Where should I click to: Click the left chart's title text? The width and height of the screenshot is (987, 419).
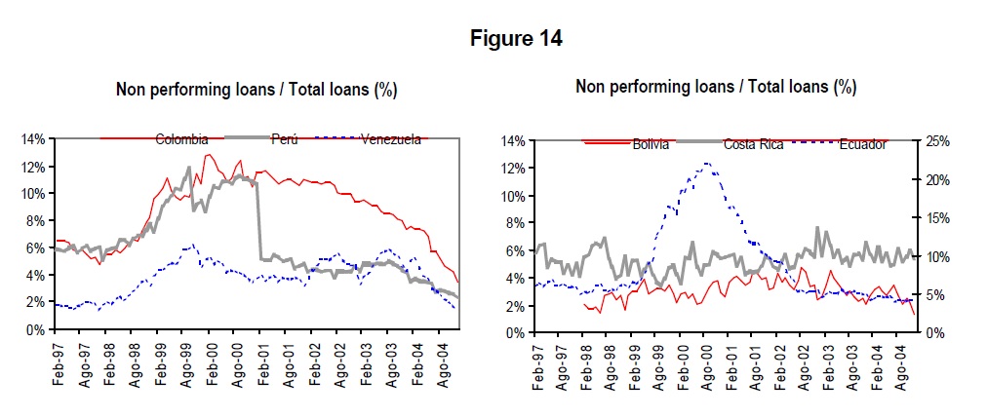click(x=257, y=90)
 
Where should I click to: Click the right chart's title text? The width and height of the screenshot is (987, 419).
click(x=716, y=87)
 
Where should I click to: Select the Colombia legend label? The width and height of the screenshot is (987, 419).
click(x=181, y=139)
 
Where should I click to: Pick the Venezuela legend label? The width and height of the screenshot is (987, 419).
click(x=391, y=139)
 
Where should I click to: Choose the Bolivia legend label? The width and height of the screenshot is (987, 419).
click(x=651, y=145)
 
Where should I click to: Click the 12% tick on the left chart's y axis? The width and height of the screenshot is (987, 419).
click(x=33, y=167)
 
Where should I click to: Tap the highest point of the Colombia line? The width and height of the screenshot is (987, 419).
click(x=207, y=154)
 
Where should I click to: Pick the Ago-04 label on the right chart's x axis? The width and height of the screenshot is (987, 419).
click(x=900, y=362)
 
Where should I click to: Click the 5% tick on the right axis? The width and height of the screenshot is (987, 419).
click(x=932, y=295)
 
